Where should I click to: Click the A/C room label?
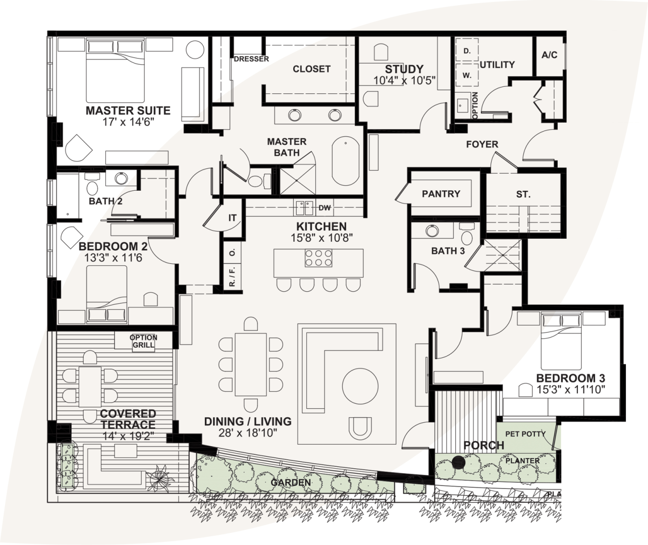(550, 55)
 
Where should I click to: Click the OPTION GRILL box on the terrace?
(144, 342)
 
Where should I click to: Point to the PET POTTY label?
(526, 434)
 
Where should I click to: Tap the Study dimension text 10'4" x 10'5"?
(404, 80)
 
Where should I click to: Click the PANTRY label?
(441, 194)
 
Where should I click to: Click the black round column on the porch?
(458, 462)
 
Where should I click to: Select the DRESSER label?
(251, 59)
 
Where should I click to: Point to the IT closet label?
(232, 218)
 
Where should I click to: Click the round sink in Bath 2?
(122, 179)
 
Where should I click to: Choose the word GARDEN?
(291, 482)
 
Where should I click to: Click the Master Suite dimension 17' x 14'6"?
(128, 122)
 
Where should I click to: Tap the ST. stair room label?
(523, 194)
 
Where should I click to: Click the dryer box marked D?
(467, 51)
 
